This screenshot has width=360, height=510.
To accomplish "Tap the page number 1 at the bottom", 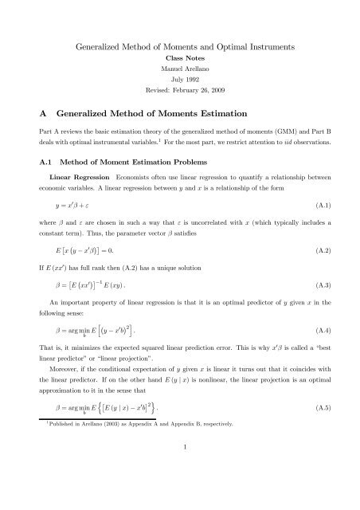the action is point(180,492).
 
